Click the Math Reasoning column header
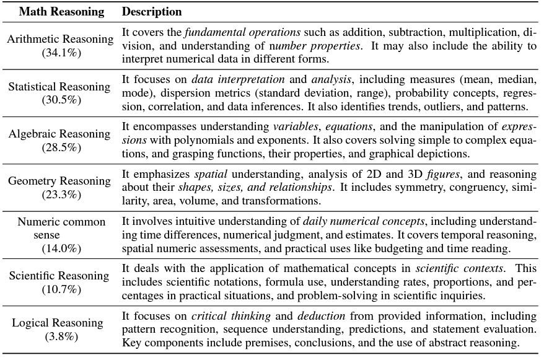[61, 12]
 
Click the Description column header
[152, 12]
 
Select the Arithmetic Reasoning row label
[61, 39]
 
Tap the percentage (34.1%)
[61, 52]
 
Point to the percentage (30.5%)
[61, 100]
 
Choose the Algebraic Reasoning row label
[61, 134]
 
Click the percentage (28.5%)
[61, 147]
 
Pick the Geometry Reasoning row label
[61, 181]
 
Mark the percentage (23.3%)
[61, 194]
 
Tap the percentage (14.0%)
[61, 248]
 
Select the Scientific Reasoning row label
[61, 276]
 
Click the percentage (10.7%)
[61, 289]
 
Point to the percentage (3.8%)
[61, 336]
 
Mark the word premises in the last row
[243, 343]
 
